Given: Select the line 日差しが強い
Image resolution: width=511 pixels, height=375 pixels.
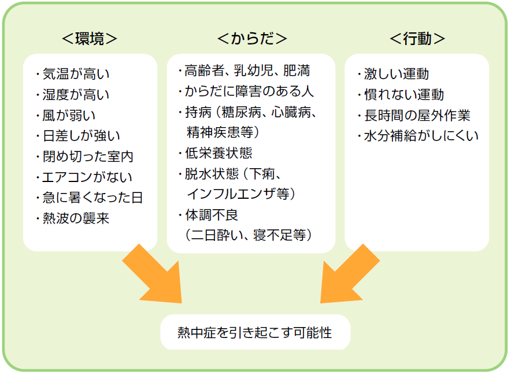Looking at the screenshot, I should pos(81,136).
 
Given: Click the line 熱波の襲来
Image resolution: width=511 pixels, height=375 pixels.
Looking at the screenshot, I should pos(75,218).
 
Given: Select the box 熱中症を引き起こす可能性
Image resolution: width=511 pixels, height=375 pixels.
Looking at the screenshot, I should pos(255,333).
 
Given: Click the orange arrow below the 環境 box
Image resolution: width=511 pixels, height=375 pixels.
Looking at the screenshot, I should pos(155,276).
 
